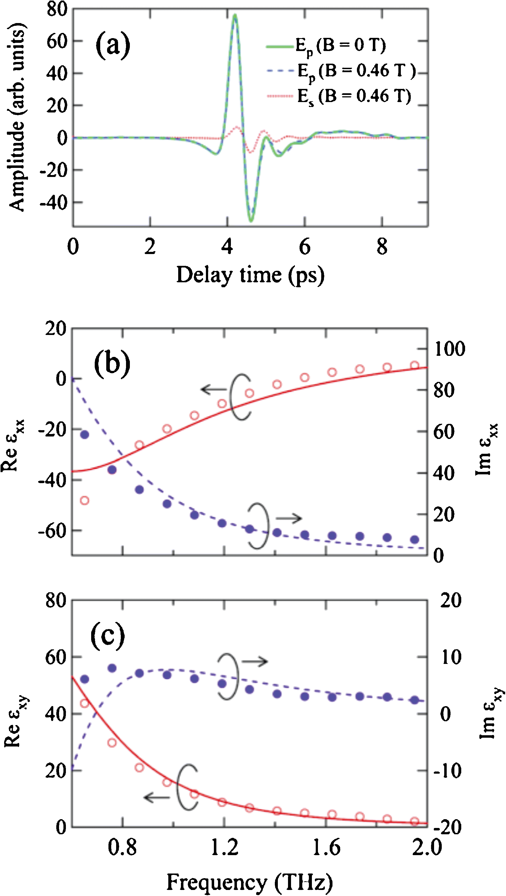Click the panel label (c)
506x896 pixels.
(x=108, y=635)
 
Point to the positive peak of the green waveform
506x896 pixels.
(x=235, y=15)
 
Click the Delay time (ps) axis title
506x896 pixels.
(x=250, y=275)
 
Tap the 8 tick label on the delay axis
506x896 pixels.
(x=382, y=247)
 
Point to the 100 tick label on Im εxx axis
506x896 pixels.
(x=449, y=349)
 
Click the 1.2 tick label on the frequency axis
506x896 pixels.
(x=225, y=847)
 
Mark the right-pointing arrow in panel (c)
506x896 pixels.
(x=255, y=661)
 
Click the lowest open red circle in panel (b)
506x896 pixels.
(x=85, y=500)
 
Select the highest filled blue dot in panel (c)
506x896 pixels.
(x=112, y=668)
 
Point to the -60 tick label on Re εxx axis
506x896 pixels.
(x=52, y=530)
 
